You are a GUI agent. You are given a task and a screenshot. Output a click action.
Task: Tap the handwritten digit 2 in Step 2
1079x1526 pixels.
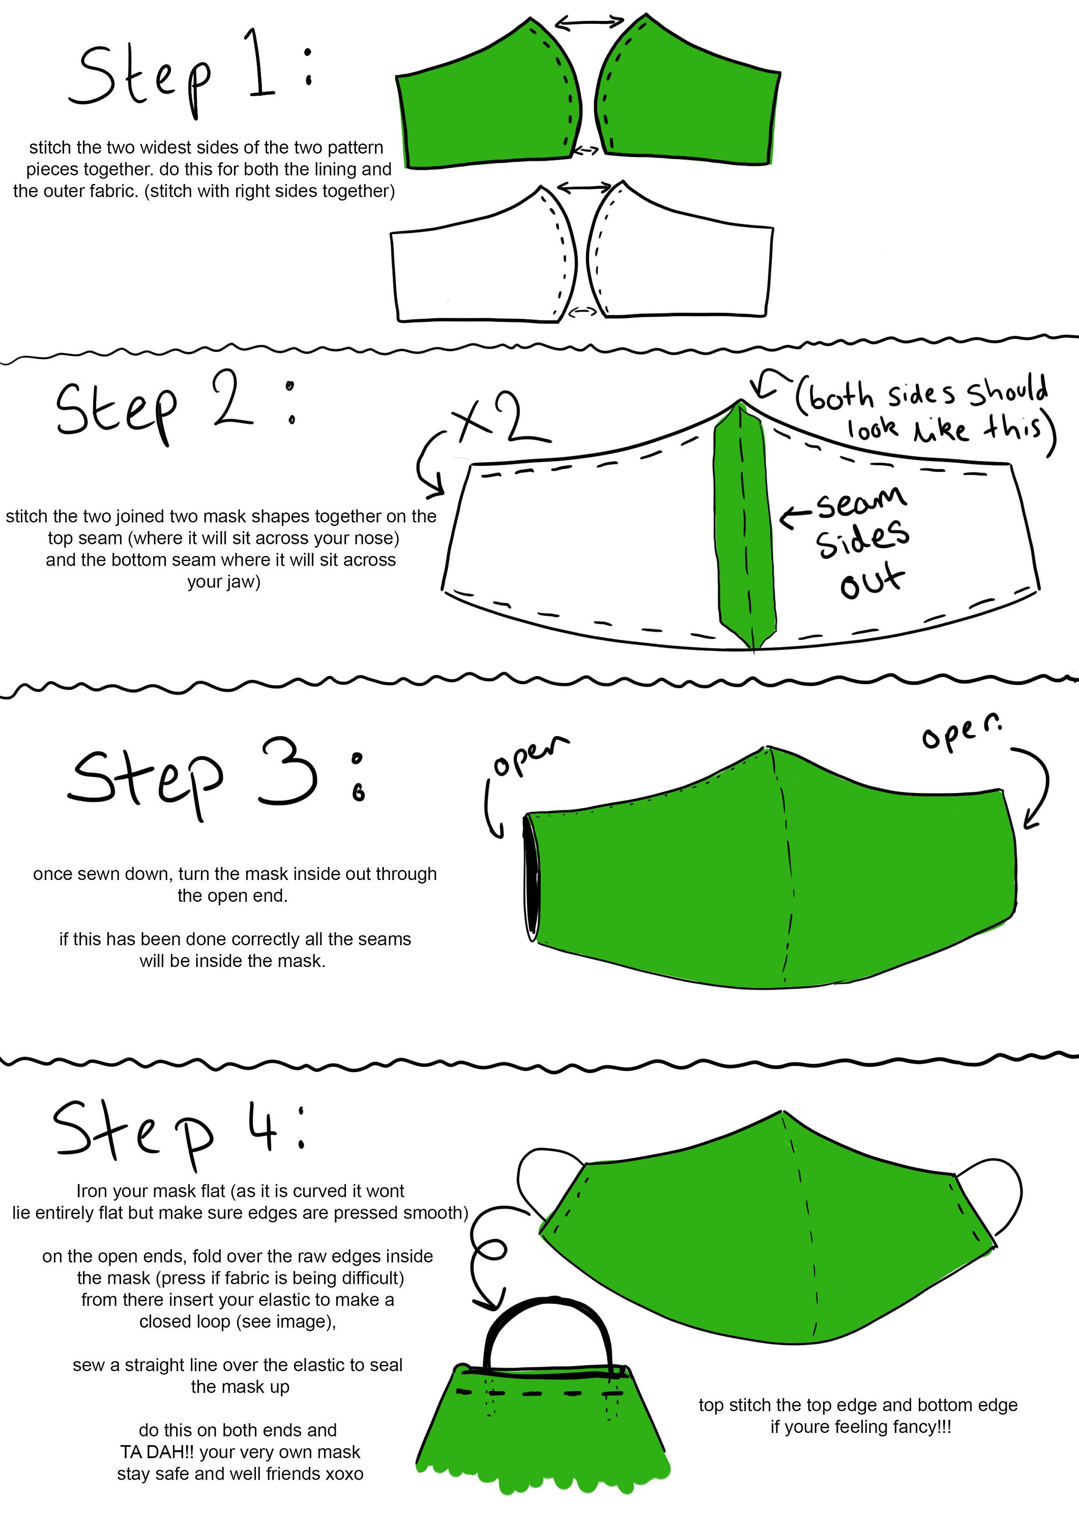[232, 398]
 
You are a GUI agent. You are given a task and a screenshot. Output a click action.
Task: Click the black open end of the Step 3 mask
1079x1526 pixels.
[531, 878]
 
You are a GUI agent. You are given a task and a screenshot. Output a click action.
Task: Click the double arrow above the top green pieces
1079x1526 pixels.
[589, 23]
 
